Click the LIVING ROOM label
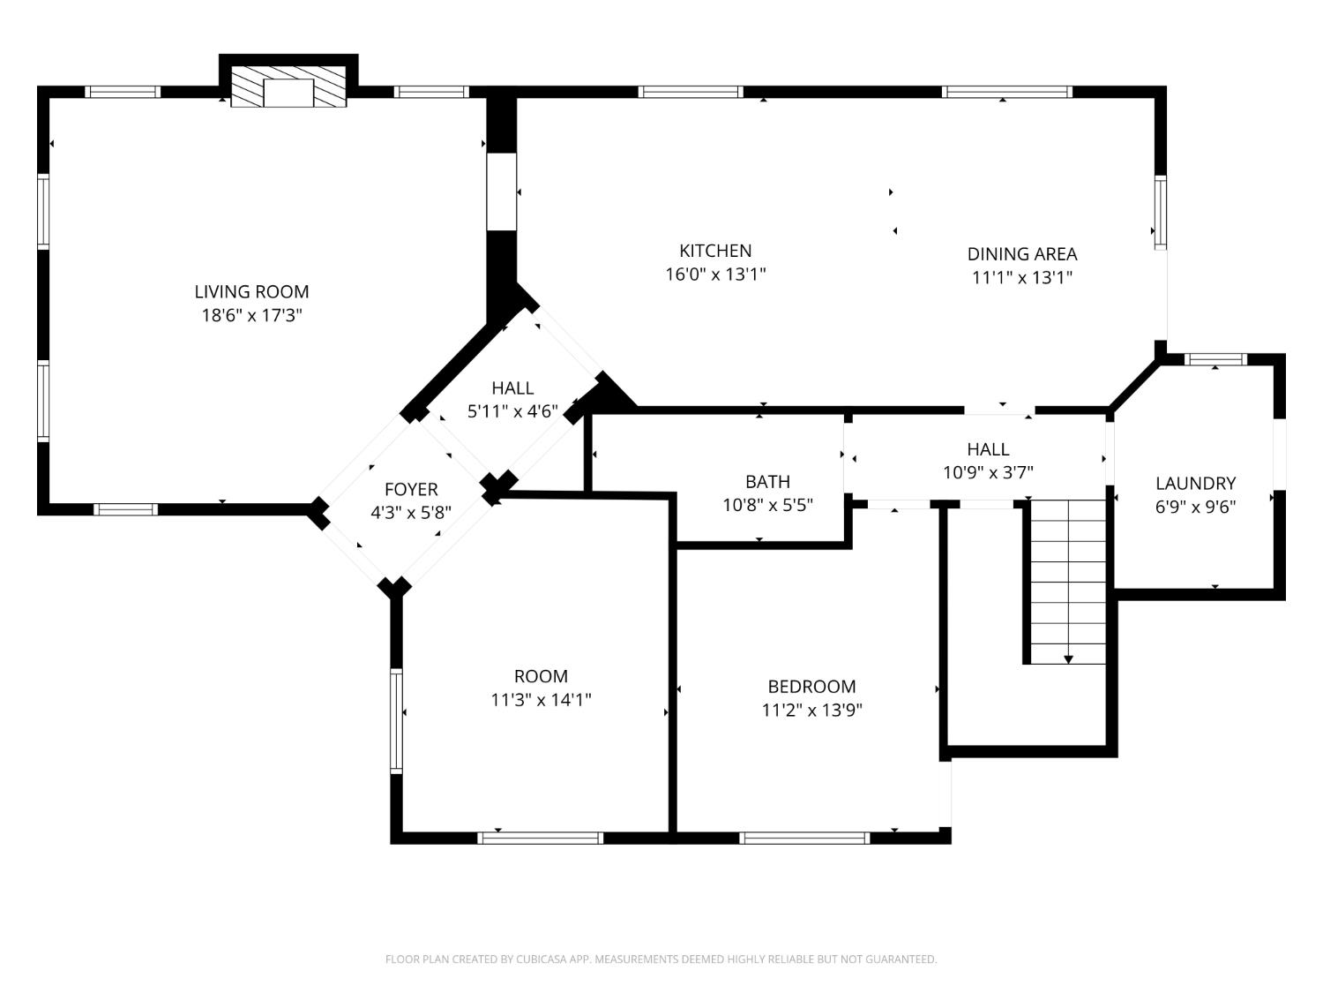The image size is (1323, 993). point(251,291)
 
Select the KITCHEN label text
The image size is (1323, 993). point(715,251)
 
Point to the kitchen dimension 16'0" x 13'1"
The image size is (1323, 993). point(715,275)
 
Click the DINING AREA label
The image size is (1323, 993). point(1021,254)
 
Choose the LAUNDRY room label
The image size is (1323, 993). point(1195,483)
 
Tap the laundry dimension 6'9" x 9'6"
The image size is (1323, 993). point(1195,507)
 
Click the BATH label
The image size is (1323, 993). point(767,481)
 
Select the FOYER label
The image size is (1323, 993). point(411,489)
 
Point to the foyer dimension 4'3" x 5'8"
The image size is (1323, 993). point(411,513)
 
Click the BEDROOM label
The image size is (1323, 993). point(811,686)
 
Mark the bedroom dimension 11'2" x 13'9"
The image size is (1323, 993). point(811,710)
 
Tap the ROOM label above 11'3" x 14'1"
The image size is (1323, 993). point(541,676)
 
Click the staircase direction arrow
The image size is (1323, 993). point(1068,658)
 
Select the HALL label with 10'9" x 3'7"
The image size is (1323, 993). point(988,448)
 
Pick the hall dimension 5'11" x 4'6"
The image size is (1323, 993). point(512,410)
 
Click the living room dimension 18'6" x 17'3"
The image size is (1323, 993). point(251,315)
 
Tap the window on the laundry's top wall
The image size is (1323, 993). point(1215,359)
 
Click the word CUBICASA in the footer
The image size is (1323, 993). point(541,959)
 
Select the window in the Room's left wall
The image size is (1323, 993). point(396,721)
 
